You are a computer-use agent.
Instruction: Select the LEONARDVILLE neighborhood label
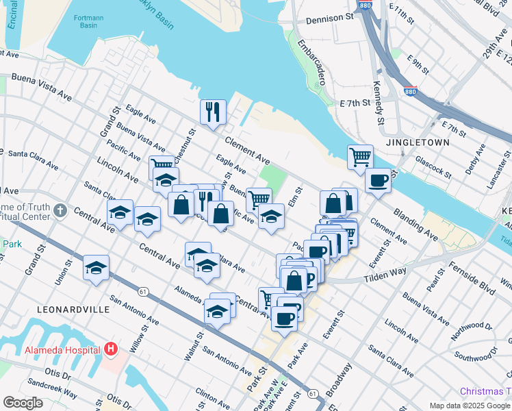point(74,310)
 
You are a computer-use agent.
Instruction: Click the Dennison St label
point(329,19)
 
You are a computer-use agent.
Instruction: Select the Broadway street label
point(340,380)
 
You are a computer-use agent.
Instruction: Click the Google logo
point(23,403)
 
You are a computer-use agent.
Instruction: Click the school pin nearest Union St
point(96,268)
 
